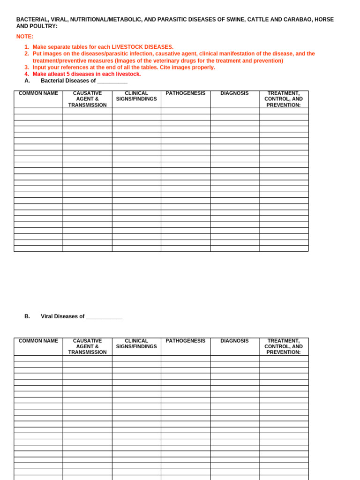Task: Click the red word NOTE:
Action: click(x=25, y=37)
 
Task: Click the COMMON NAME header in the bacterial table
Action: click(x=38, y=93)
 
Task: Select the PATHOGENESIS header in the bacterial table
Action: click(x=185, y=93)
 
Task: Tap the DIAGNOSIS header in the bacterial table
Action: click(x=234, y=93)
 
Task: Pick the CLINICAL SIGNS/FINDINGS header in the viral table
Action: click(x=136, y=344)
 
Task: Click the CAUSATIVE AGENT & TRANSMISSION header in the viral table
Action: click(x=87, y=346)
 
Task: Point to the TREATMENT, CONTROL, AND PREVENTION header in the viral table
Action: click(x=284, y=346)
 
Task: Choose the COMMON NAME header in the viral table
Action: click(x=38, y=341)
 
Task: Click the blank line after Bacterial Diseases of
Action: click(x=112, y=81)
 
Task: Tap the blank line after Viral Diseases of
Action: click(x=104, y=317)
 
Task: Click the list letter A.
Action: click(x=27, y=81)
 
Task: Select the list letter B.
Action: click(x=27, y=316)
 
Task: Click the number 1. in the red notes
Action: click(x=27, y=47)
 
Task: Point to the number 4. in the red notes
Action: click(x=27, y=74)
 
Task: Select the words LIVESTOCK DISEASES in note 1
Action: click(x=147, y=47)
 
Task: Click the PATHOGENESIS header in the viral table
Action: click(x=185, y=341)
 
